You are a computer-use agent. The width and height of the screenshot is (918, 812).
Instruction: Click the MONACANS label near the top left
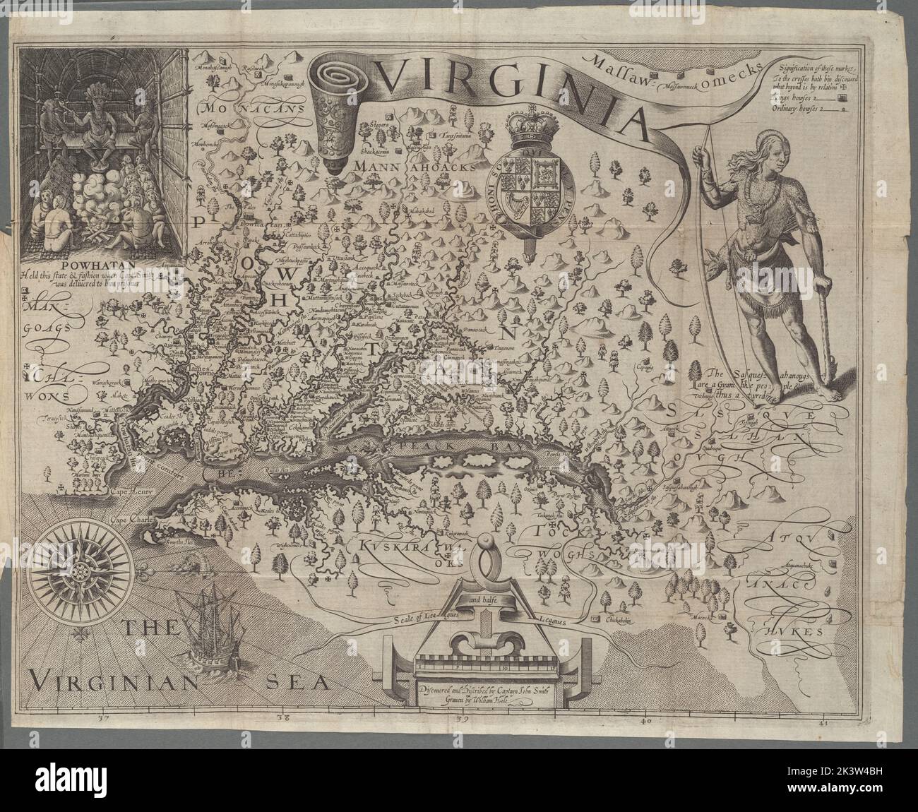(x=245, y=109)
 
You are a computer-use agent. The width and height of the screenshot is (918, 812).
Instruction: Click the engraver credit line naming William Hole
(x=482, y=704)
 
